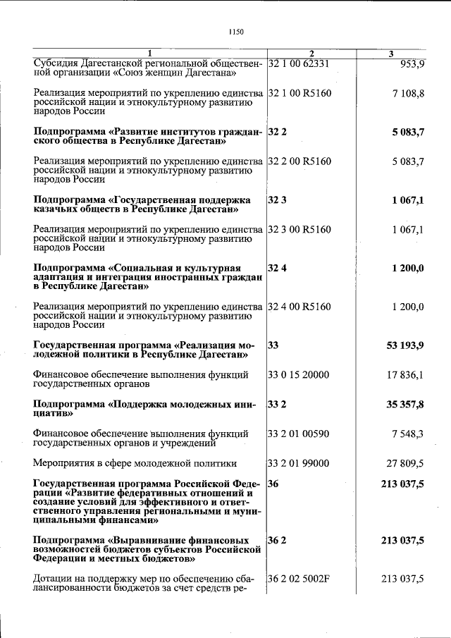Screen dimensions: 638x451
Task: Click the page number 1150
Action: [236, 32]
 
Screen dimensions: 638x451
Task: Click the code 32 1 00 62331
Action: [299, 63]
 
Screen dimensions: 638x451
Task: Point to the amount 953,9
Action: [412, 63]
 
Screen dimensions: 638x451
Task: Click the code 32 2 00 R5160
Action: [299, 161]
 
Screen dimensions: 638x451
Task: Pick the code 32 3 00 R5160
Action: [299, 230]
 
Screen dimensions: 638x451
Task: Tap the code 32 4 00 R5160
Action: [299, 307]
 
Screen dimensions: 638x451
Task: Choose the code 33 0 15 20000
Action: [299, 375]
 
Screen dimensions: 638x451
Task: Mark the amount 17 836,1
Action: [405, 375]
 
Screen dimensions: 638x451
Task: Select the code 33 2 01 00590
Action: [299, 434]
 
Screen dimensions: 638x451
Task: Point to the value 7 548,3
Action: [408, 434]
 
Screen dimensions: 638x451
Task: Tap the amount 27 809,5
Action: [405, 463]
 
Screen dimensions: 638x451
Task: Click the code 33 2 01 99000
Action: [299, 463]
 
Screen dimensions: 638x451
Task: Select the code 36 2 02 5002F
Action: [299, 579]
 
